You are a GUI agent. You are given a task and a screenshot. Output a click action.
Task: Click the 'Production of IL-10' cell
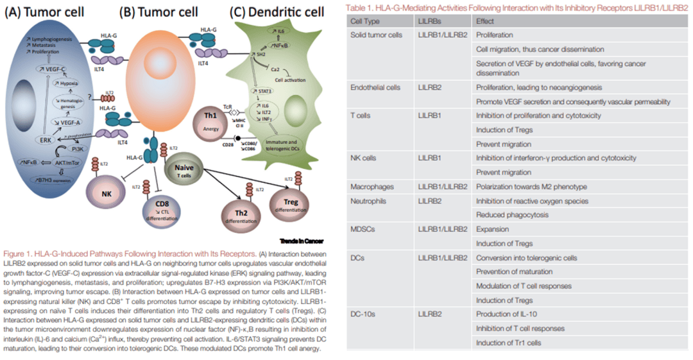click(x=507, y=314)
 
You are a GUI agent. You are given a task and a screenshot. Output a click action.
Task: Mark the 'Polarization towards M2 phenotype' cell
click(x=531, y=187)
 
